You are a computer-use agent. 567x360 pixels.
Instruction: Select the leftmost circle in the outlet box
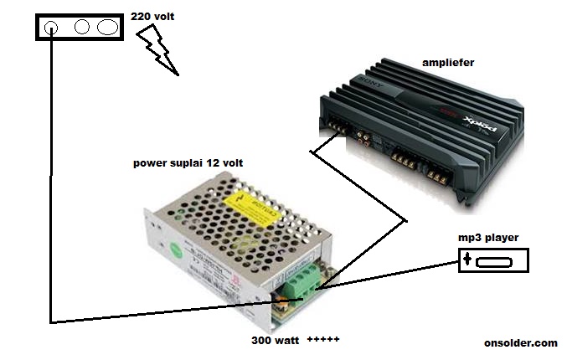(50, 27)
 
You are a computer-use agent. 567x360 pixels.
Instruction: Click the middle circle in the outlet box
(82, 27)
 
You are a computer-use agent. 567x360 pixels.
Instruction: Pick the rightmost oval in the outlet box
(107, 27)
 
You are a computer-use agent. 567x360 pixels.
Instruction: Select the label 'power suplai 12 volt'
(188, 162)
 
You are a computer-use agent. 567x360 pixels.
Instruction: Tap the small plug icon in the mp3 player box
(466, 260)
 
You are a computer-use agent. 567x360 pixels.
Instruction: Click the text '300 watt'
(275, 341)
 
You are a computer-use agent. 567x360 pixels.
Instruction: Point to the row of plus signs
(323, 341)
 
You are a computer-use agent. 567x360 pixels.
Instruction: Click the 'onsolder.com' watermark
(520, 343)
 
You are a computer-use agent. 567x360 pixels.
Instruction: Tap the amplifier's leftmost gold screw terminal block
(338, 128)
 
